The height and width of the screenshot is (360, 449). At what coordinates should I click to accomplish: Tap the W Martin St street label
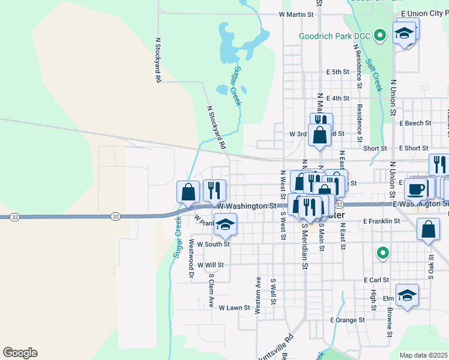tap(297, 14)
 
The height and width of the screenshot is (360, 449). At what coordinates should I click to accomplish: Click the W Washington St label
tap(246, 206)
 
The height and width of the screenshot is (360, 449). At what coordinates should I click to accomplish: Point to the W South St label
tap(209, 244)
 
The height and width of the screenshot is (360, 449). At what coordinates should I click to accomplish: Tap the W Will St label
tap(210, 265)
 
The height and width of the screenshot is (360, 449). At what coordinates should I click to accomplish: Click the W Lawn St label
tap(234, 308)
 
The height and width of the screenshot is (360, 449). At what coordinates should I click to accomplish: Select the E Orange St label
tap(348, 320)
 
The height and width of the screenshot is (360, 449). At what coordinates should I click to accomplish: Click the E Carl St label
tap(376, 280)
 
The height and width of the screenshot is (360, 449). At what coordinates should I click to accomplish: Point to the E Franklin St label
tap(381, 221)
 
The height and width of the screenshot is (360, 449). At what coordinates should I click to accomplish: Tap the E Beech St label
tap(415, 123)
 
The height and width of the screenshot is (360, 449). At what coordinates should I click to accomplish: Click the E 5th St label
tap(337, 72)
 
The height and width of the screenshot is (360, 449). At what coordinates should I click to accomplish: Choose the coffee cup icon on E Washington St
tap(416, 189)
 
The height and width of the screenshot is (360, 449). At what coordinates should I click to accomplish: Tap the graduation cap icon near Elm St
tap(407, 295)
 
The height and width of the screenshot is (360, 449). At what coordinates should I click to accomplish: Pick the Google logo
tap(20, 353)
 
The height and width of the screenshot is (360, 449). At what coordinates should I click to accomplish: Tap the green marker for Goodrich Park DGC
tap(379, 36)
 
